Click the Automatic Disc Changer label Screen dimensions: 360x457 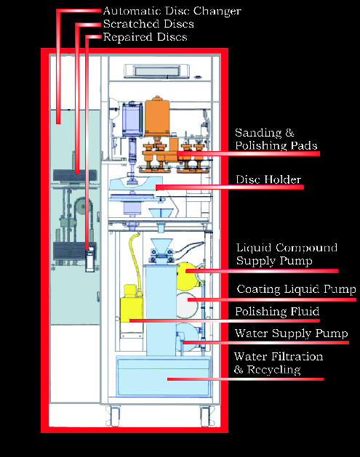(x=172, y=12)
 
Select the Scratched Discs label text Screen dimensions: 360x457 (x=148, y=24)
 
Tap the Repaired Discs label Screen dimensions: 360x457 (x=145, y=37)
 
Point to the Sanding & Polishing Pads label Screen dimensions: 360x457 (x=276, y=139)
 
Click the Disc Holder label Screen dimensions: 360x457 (x=268, y=179)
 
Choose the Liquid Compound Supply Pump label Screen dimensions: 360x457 (x=287, y=254)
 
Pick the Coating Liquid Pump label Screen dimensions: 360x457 (x=297, y=289)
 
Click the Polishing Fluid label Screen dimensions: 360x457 (x=277, y=312)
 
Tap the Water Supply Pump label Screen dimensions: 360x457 (x=292, y=333)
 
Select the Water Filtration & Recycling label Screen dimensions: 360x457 (x=279, y=363)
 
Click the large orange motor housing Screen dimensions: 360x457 (x=157, y=117)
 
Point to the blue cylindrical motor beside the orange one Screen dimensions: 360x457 (x=132, y=119)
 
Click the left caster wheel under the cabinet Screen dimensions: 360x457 (x=113, y=416)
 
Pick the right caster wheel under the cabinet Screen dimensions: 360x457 (x=206, y=416)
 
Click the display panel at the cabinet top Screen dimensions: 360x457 (x=156, y=71)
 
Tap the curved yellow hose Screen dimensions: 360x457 (x=136, y=260)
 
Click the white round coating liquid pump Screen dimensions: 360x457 (x=188, y=305)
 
